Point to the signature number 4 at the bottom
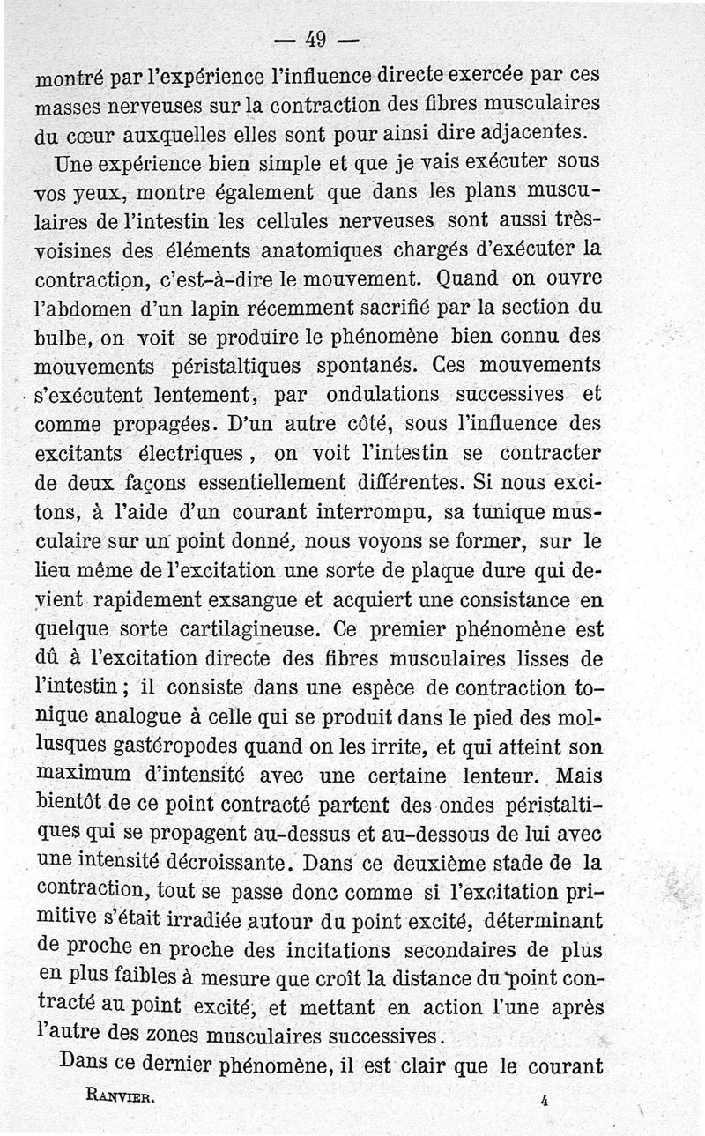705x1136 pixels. (x=546, y=1099)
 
